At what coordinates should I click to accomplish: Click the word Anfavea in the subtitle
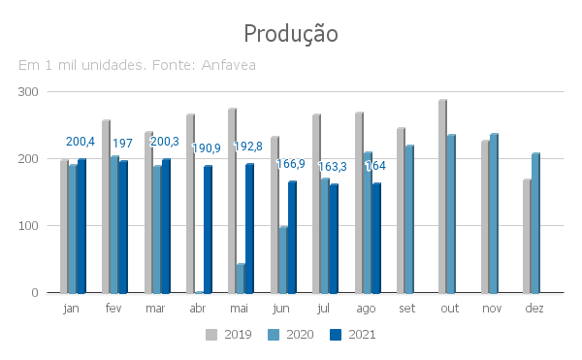pos(228,65)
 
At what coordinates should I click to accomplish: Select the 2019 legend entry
pos(229,335)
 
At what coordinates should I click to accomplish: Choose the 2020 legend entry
pos(291,335)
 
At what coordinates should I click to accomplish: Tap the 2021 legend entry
pos(353,335)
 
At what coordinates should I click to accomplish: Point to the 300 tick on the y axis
pos(28,91)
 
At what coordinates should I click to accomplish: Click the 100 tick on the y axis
pos(28,226)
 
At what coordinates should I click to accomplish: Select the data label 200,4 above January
pos(81,142)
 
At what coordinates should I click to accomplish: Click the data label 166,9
pos(291,164)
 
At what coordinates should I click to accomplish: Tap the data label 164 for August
pos(375,166)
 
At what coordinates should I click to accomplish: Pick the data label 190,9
pos(207,148)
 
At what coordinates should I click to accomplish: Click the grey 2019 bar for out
pos(442,196)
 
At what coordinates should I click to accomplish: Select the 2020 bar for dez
pos(535,223)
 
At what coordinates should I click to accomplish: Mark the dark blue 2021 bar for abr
pos(208,229)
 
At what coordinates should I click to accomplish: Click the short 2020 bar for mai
pos(241,278)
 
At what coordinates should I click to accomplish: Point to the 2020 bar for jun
pos(283,260)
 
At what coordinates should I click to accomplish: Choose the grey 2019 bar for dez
pos(527,237)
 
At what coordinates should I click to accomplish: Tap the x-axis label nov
pos(492,308)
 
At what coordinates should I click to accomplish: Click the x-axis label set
pos(407,308)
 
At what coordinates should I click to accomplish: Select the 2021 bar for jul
pos(334,239)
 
